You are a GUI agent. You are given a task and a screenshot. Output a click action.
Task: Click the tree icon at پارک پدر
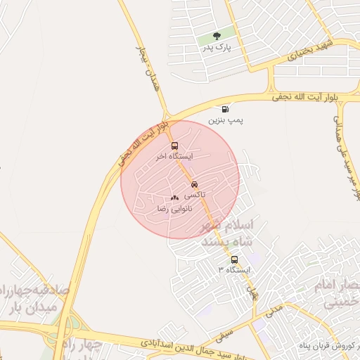coord(217,34)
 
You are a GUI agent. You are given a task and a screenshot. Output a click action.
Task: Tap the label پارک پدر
coord(217,47)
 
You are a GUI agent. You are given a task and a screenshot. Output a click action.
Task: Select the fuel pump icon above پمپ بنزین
coord(225,108)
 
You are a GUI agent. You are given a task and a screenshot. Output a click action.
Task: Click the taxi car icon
coord(194,184)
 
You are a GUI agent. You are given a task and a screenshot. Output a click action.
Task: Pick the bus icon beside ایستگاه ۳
coord(234,259)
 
